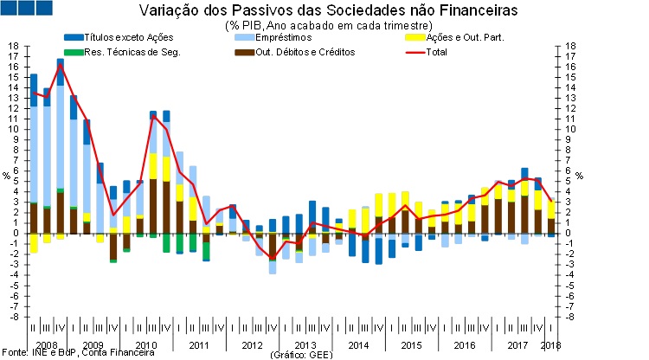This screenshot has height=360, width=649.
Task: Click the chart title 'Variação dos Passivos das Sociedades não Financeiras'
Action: [329, 11]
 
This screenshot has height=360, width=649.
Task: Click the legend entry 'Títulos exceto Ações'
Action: [121, 38]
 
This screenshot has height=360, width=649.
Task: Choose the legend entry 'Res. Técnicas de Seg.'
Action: [122, 51]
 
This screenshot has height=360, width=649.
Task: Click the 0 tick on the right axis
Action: [571, 233]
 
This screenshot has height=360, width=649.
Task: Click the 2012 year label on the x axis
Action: [252, 345]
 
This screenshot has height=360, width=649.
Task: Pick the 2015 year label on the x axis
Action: [411, 345]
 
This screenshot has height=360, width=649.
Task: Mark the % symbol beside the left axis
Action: [6, 176]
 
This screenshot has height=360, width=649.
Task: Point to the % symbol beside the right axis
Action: [581, 176]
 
